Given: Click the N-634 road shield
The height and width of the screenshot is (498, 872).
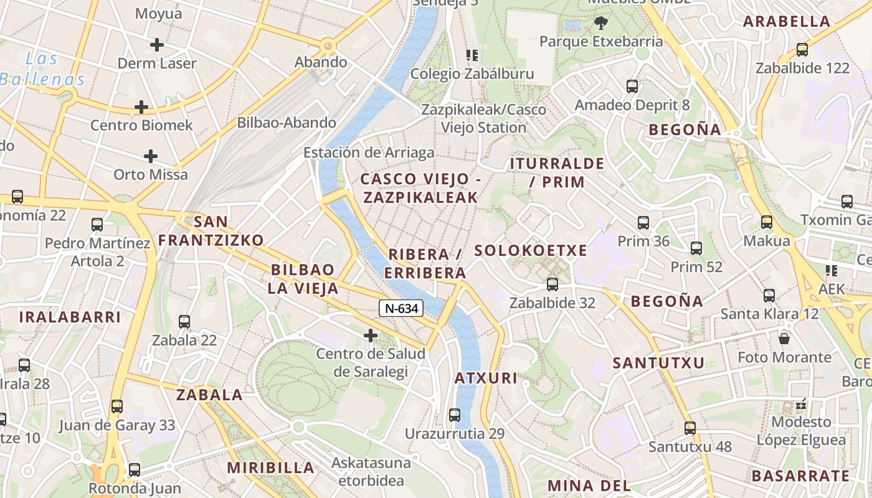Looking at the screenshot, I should (x=401, y=308).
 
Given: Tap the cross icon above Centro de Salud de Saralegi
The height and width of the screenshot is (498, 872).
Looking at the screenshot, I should (x=371, y=336).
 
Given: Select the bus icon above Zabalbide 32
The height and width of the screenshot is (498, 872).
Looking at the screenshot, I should (x=552, y=284).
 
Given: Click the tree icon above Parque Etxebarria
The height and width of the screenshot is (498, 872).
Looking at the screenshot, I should (x=601, y=24).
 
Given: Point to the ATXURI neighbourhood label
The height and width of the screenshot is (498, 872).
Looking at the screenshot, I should (x=486, y=378).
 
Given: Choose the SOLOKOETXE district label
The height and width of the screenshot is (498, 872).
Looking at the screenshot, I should (x=531, y=251).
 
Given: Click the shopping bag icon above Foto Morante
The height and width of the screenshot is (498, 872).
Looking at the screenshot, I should (x=784, y=339).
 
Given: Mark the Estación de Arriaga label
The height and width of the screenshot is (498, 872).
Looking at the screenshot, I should (x=369, y=153).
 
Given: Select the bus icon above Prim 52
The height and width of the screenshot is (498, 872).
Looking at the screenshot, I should (x=696, y=248).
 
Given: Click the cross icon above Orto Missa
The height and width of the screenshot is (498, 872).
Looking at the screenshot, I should (x=150, y=156).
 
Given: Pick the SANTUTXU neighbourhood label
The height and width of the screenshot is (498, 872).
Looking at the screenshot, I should (x=658, y=363).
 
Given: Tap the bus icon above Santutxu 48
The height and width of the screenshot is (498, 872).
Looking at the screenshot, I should (x=690, y=428).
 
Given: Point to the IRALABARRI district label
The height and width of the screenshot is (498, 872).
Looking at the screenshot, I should (x=70, y=317).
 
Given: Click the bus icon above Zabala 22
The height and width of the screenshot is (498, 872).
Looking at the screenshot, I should (x=184, y=322).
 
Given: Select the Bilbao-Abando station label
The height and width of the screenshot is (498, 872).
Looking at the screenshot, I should (x=287, y=123).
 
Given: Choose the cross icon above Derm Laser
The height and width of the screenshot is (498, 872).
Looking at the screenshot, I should (x=157, y=45).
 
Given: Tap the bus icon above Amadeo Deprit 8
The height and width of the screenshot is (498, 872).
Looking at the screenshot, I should (x=632, y=87).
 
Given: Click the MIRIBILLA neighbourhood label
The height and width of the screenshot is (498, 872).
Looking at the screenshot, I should (x=270, y=467).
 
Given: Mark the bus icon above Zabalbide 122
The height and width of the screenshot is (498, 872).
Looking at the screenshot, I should (x=802, y=50).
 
